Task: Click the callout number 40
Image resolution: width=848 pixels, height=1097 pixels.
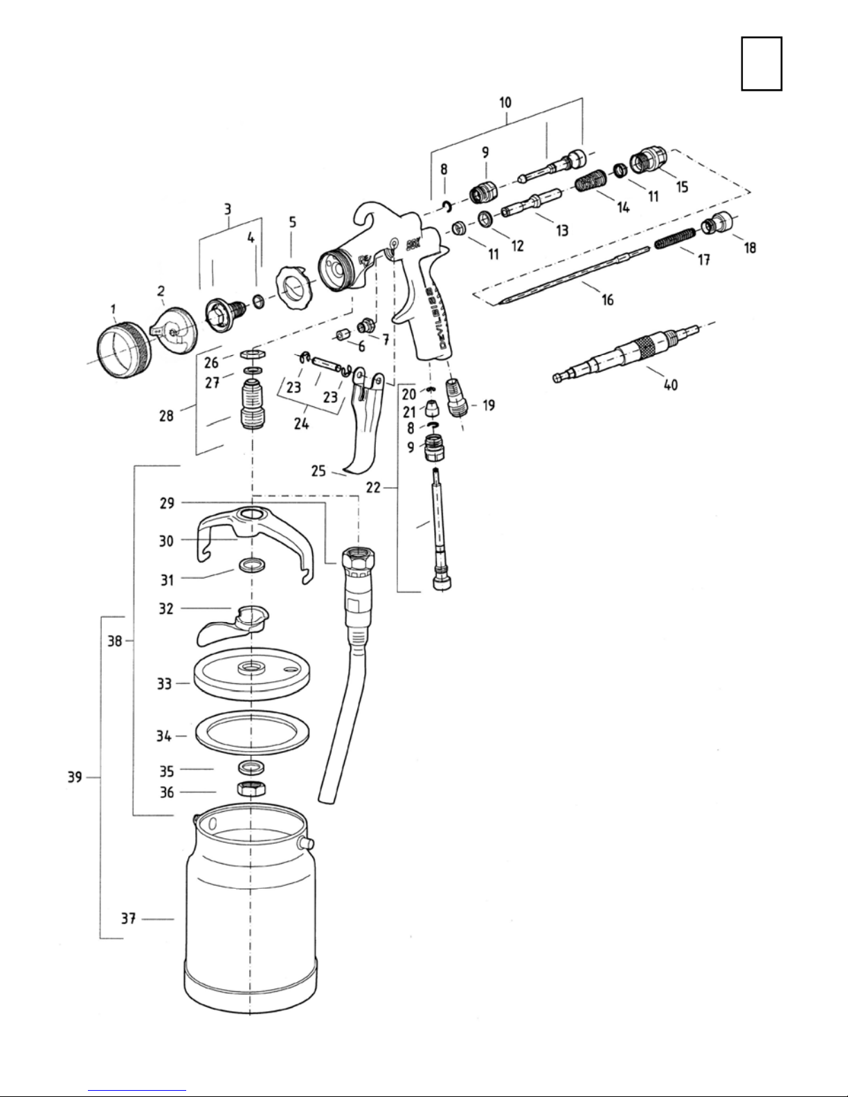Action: (670, 386)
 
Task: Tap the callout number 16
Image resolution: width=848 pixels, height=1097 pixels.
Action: (607, 300)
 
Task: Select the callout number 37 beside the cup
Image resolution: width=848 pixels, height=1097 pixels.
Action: (128, 918)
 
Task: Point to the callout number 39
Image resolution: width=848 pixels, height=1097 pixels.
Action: (75, 777)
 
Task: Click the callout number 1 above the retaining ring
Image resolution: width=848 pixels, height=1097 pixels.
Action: (113, 309)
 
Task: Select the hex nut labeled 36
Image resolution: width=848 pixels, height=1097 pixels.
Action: (251, 789)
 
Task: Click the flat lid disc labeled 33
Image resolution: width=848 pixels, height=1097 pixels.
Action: (251, 674)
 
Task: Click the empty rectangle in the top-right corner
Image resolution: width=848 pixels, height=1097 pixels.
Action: (761, 64)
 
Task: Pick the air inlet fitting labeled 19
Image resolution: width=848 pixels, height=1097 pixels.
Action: (458, 398)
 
